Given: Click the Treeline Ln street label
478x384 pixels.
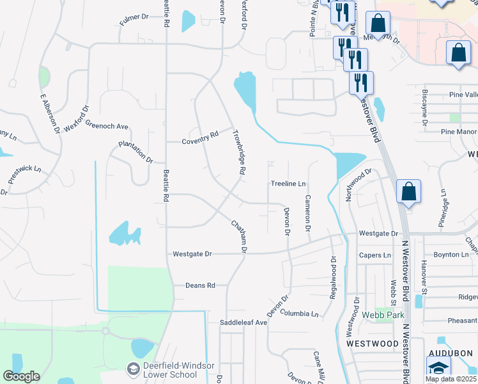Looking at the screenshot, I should [x=288, y=184].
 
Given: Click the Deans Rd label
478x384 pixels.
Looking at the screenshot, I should [x=200, y=285].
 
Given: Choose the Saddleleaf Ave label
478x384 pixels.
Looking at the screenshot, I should [x=243, y=323].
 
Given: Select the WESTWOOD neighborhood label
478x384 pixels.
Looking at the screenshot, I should [x=373, y=344].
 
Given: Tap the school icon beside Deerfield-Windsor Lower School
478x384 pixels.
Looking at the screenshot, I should [x=133, y=369].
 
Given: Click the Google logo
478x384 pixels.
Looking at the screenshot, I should [x=22, y=376].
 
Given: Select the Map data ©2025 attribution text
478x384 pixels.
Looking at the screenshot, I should [x=451, y=379].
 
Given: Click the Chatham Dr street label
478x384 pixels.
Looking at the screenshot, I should [x=238, y=235].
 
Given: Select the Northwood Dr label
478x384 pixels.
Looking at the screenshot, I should [x=359, y=184].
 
